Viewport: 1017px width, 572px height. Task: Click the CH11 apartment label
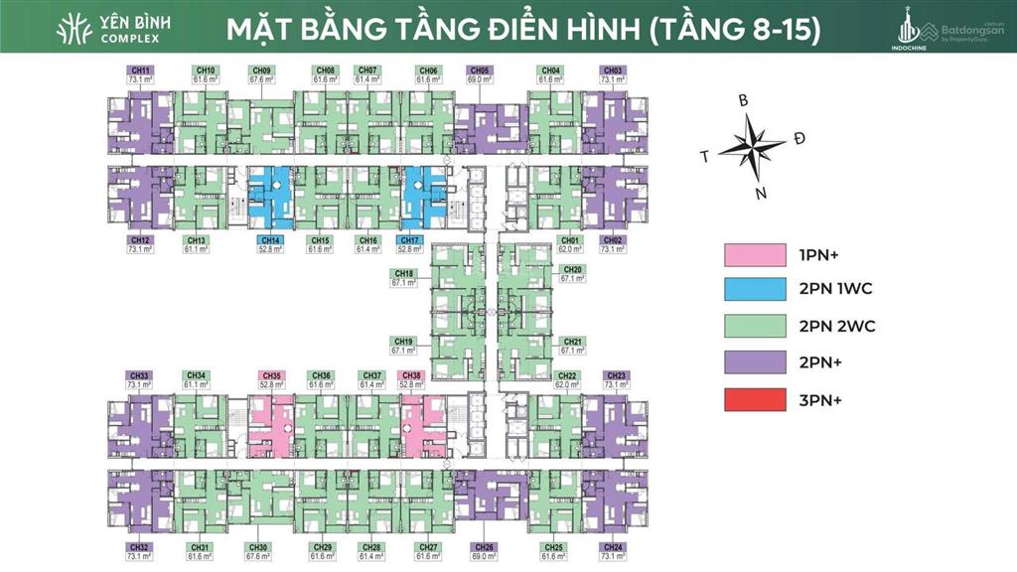click(140, 70)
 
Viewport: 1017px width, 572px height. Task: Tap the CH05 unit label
click(479, 70)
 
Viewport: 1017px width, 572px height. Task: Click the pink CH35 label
click(270, 375)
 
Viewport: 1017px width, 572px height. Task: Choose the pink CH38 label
click(411, 375)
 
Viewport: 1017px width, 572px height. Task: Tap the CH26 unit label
click(486, 547)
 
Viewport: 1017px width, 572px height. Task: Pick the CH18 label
click(404, 273)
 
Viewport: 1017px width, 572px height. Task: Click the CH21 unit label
click(572, 342)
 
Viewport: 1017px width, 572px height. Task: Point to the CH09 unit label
click(262, 70)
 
